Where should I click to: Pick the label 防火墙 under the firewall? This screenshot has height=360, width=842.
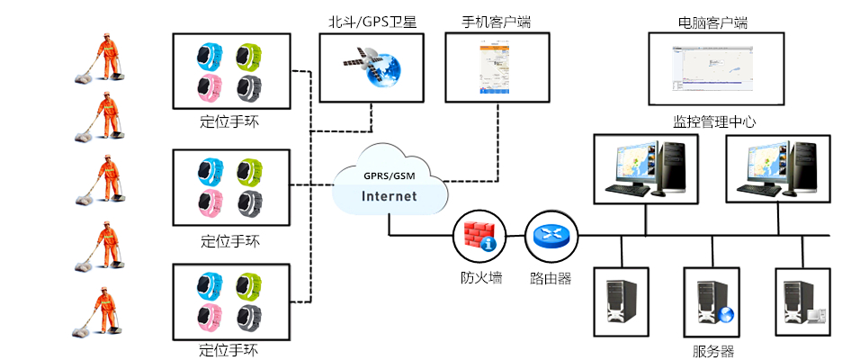[475, 278]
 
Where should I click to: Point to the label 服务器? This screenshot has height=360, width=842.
[713, 351]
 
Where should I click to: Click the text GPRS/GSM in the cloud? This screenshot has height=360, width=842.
[389, 175]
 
